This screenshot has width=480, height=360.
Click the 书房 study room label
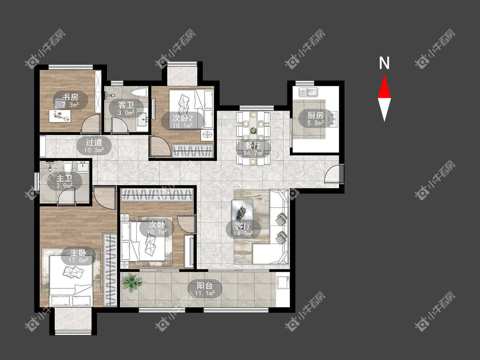[x=71, y=96]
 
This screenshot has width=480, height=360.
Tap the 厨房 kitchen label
[x=315, y=115]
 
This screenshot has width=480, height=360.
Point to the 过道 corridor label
[x=94, y=142]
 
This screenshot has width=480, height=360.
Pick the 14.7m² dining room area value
[x=253, y=153]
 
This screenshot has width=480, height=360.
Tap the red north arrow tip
[x=384, y=75]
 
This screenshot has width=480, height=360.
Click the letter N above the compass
[x=384, y=63]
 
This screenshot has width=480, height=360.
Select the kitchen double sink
[x=308, y=92]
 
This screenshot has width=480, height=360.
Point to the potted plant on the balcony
[x=132, y=283]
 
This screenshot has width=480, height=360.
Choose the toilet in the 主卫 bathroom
[x=67, y=168]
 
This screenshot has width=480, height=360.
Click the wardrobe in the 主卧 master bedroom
[x=110, y=270]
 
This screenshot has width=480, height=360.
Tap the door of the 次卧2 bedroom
[x=160, y=146]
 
